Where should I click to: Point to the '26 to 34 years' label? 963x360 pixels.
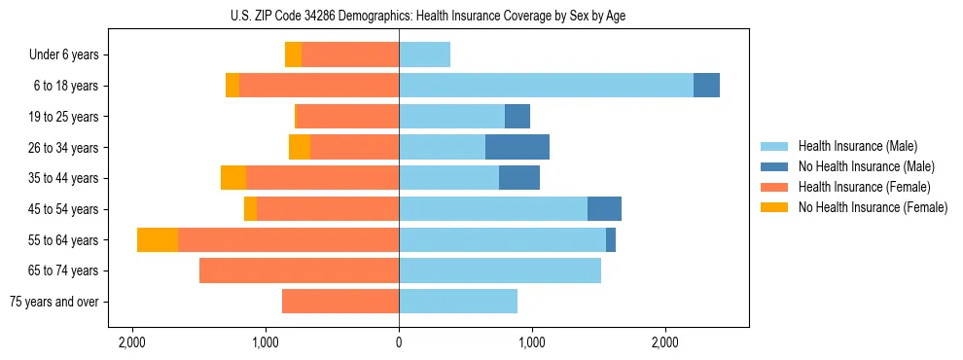[x=63, y=148]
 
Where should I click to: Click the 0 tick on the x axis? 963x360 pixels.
[x=399, y=343]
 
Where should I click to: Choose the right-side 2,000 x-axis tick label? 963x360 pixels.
[x=665, y=343]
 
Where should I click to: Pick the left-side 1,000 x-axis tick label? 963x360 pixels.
[x=266, y=343]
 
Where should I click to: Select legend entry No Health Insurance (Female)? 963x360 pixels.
[x=873, y=207]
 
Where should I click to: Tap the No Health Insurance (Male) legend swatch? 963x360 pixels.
[x=775, y=166]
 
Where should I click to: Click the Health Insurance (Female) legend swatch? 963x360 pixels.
[x=775, y=187]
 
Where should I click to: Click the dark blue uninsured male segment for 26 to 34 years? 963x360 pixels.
[x=517, y=147]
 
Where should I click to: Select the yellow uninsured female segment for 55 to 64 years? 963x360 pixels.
[x=158, y=239]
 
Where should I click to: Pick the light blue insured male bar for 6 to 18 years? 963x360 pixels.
[x=546, y=86]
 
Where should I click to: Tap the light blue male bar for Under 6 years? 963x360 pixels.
[x=424, y=54]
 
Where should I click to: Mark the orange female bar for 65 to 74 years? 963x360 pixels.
[x=299, y=270]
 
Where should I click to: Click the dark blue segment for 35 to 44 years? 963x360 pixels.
[x=519, y=178]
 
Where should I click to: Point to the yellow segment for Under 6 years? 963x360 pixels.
[x=293, y=54]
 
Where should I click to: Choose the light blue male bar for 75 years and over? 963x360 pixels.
[x=458, y=302]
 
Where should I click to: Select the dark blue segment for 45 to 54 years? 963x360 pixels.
[x=604, y=209]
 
